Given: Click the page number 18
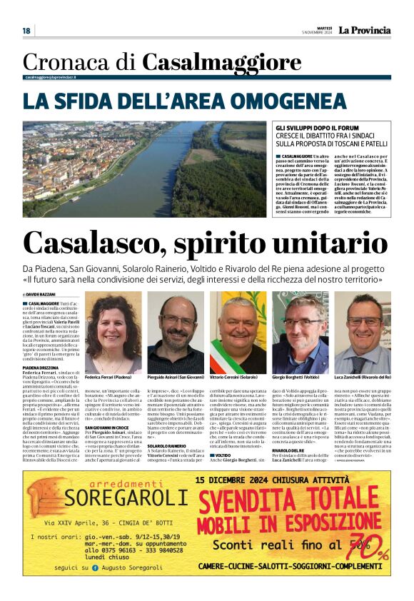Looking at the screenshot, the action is (26, 31).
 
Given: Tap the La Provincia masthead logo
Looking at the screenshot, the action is (364, 30).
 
